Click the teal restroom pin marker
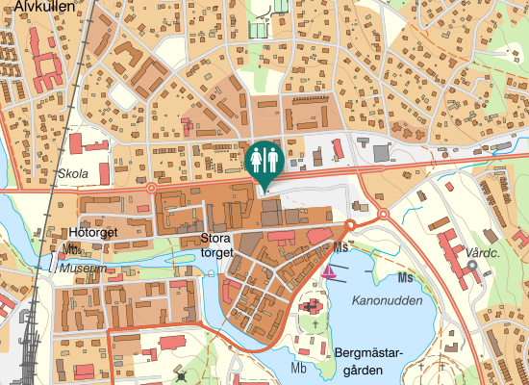coord(264,160)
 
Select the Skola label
coord(73,173)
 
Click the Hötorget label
coord(93,232)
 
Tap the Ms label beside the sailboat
coord(340,247)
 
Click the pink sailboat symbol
coord(330,270)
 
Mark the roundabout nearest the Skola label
coord(150,189)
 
